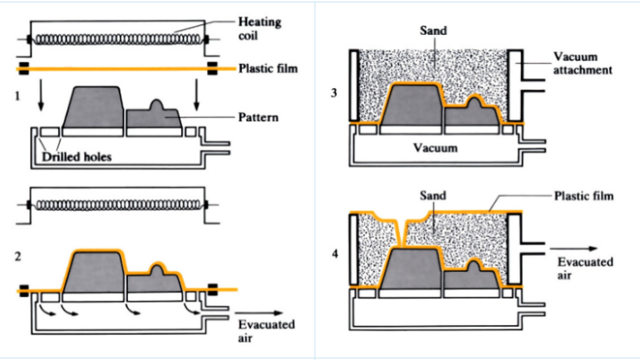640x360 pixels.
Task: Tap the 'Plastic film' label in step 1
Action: [267, 68]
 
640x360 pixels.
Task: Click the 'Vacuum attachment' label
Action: [583, 63]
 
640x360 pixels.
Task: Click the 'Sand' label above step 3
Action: [433, 31]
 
